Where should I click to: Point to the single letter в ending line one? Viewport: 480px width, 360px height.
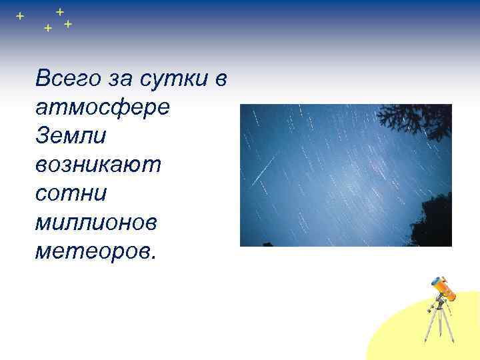point(222,79)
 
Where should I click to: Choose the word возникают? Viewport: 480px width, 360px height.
point(99,165)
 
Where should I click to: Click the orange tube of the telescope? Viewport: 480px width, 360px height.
point(445,288)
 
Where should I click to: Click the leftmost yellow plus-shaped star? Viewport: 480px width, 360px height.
point(19,15)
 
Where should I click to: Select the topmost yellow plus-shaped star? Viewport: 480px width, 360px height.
point(60,11)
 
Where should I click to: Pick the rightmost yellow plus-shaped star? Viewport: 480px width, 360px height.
point(68,25)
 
